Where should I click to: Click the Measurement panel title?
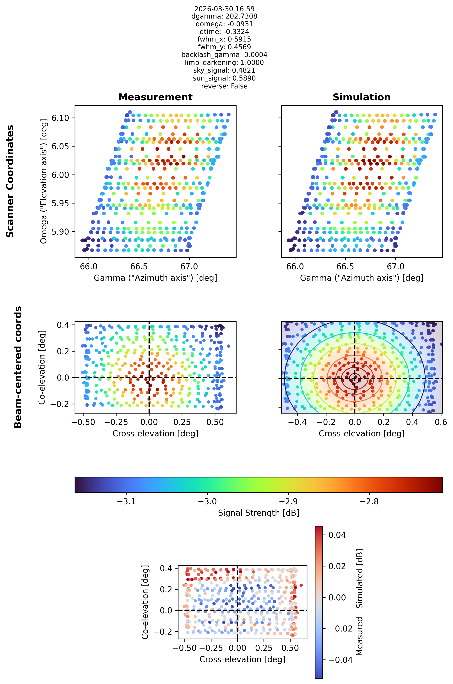tap(156, 97)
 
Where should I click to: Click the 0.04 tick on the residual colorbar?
tap(337, 535)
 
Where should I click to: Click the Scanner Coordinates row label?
tap(10, 181)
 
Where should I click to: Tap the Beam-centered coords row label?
tap(18, 367)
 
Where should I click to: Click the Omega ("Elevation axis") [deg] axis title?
tap(44, 181)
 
